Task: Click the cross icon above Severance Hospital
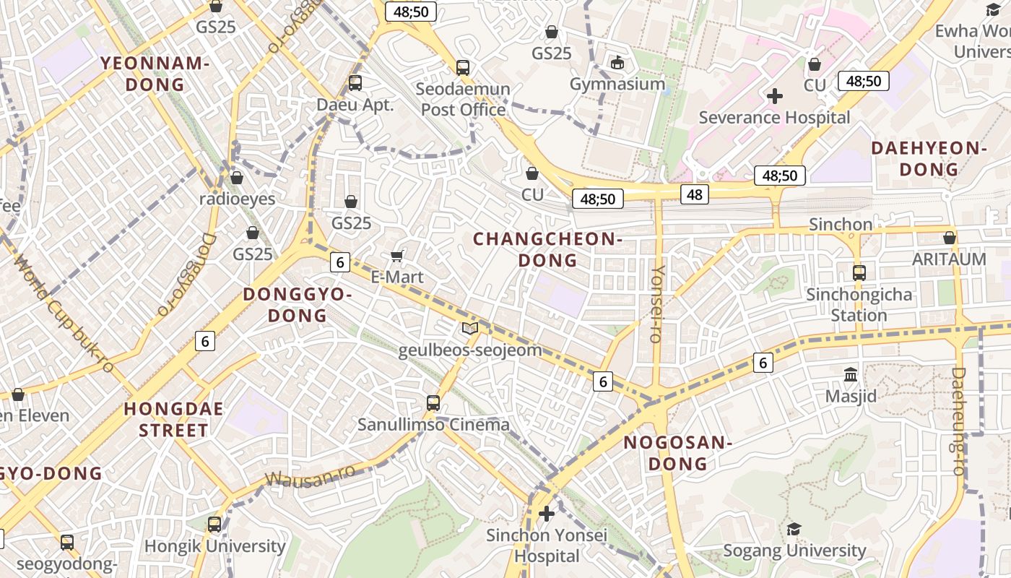click(775, 95)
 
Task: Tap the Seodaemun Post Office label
click(464, 100)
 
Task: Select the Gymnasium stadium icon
click(617, 63)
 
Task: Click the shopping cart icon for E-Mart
click(396, 256)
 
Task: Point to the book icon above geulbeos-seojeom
click(470, 329)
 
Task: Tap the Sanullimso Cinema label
click(434, 424)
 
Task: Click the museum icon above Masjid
click(851, 375)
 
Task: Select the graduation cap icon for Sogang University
click(794, 529)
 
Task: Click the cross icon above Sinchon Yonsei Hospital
click(547, 514)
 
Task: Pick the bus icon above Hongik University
click(214, 524)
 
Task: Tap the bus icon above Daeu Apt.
click(355, 82)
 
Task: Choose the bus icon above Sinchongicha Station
click(859, 273)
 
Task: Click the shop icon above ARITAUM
click(950, 238)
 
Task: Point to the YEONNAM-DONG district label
click(155, 74)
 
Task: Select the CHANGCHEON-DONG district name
click(548, 249)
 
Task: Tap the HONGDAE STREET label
click(173, 420)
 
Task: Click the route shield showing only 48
click(694, 194)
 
